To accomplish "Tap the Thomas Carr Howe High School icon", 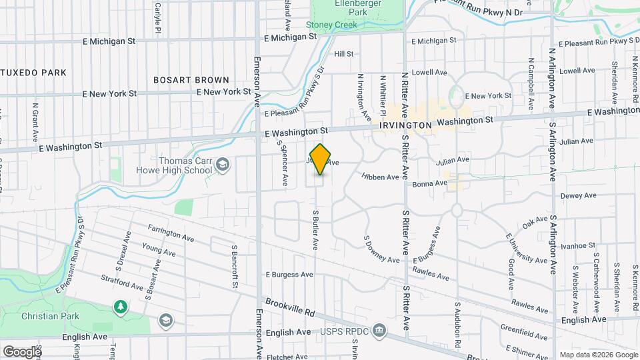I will pos(223,165).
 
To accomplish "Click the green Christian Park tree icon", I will pos(120,307).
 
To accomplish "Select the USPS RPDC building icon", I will pos(379,330).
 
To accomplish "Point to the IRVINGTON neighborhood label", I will pos(405,125).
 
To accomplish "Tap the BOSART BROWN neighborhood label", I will pos(191,79).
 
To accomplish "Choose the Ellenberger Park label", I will pos(359,7).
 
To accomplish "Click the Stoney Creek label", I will pos(331,25).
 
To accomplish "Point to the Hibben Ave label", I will pos(380,177).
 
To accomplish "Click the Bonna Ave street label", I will pos(429,183).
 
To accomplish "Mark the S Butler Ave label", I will pos(315,228).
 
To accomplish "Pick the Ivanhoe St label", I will pos(577,246).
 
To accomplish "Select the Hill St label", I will pos(343,53).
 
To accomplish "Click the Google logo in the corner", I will pos(22,351).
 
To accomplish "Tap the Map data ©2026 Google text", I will pos(598,355).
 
